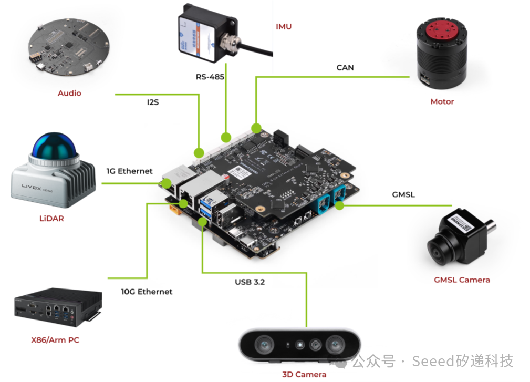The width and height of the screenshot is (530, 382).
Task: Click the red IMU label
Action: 284,26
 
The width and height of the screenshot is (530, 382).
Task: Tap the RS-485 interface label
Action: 210,77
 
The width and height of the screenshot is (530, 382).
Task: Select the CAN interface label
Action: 345,67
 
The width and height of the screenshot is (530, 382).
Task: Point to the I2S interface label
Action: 153,102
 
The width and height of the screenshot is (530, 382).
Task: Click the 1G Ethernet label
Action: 129,171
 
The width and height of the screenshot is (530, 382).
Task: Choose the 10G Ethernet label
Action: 147,292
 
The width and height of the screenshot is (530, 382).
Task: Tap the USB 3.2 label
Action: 250,282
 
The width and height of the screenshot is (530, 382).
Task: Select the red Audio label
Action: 69,93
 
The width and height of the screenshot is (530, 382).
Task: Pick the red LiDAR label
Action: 51,218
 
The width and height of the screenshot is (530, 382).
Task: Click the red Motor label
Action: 442,101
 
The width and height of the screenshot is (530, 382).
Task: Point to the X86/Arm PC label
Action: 55,340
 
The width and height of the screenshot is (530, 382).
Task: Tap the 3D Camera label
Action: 304,374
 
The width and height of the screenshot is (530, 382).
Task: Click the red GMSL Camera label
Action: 462,280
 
